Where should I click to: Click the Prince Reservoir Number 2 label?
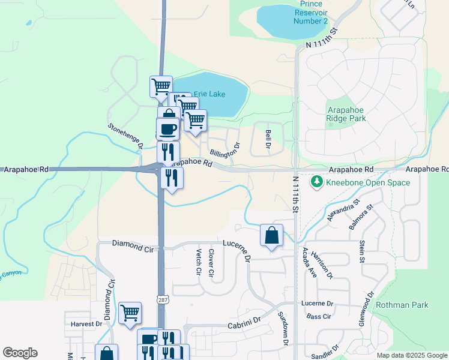click(x=310, y=13)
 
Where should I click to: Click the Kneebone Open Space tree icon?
click(x=316, y=181)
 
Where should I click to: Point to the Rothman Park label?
click(x=402, y=305)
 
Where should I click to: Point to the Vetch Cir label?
click(x=197, y=262)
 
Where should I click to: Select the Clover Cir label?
click(x=211, y=262)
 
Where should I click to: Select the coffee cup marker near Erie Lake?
click(x=167, y=128)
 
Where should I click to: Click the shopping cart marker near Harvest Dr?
click(x=130, y=313)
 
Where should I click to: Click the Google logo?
click(x=20, y=353)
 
